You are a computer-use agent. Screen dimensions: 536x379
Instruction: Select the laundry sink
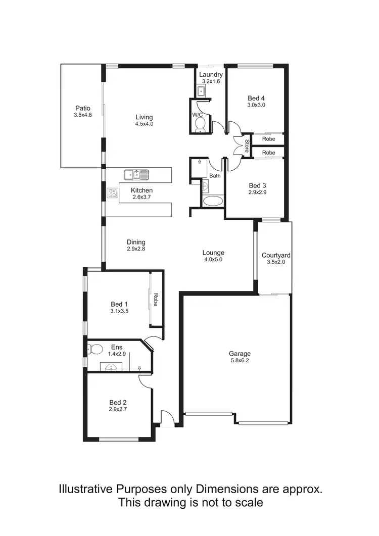pyautogui.click(x=201, y=91)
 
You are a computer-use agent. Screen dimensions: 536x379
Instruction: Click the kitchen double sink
pyautogui.click(x=136, y=175)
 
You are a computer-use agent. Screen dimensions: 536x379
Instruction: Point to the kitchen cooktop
pyautogui.click(x=112, y=192)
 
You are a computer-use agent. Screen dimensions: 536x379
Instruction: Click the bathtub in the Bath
pyautogui.click(x=212, y=201)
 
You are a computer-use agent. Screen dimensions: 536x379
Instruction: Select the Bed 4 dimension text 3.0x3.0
pyautogui.click(x=256, y=105)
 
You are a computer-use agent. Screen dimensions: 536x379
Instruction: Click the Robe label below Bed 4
pyautogui.click(x=268, y=139)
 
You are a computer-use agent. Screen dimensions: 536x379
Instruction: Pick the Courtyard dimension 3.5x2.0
pyautogui.click(x=275, y=262)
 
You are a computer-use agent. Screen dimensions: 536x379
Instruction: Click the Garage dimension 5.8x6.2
pyautogui.click(x=239, y=361)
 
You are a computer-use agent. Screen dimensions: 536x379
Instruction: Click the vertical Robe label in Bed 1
pyautogui.click(x=156, y=300)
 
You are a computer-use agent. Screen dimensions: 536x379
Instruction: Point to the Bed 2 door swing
pyautogui.click(x=146, y=382)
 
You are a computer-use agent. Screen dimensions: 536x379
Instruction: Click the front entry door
pyautogui.click(x=167, y=418)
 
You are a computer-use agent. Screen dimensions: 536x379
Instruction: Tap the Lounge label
pyautogui.click(x=213, y=253)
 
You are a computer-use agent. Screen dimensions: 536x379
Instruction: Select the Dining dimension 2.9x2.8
pyautogui.click(x=136, y=249)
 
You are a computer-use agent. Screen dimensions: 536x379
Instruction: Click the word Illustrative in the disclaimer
pyautogui.click(x=86, y=489)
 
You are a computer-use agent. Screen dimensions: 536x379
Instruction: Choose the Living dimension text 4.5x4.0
pyautogui.click(x=144, y=124)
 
